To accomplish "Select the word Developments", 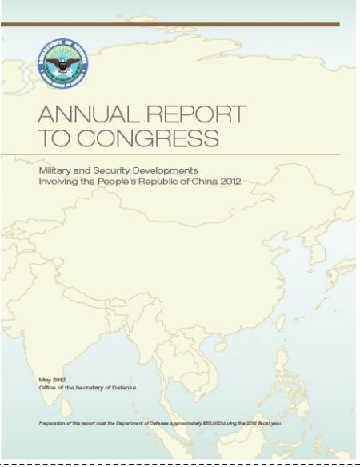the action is click(176, 171).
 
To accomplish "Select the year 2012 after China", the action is click(251, 182).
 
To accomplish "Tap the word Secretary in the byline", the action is click(100, 387).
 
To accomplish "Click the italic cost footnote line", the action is click(160, 421).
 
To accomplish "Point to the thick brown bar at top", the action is click(170, 25).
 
